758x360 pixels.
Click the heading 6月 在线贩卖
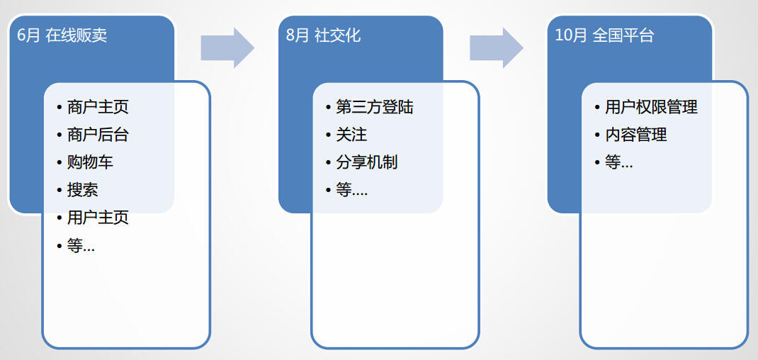pyautogui.click(x=62, y=35)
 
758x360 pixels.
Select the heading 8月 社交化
pyautogui.click(x=324, y=35)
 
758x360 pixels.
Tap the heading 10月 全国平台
pyautogui.click(x=604, y=35)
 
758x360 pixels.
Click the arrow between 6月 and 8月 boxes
pyautogui.click(x=227, y=47)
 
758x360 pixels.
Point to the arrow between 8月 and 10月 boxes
pyautogui.click(x=496, y=47)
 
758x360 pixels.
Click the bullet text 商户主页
pyautogui.click(x=98, y=107)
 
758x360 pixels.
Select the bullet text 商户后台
pyautogui.click(x=98, y=135)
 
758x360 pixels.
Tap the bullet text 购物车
pyautogui.click(x=90, y=162)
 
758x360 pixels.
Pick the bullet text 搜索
pyautogui.click(x=82, y=190)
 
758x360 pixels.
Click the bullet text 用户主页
pyautogui.click(x=98, y=218)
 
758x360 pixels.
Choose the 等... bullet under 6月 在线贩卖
pyautogui.click(x=81, y=246)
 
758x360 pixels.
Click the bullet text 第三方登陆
pyautogui.click(x=374, y=107)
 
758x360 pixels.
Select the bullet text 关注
pyautogui.click(x=351, y=135)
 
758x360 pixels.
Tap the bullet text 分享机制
pyautogui.click(x=366, y=162)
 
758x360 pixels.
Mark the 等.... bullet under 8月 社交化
pyautogui.click(x=351, y=190)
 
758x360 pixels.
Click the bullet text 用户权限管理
pyautogui.click(x=651, y=107)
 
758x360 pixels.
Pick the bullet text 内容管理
pyautogui.click(x=635, y=135)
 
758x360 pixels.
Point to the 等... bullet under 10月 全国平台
pyautogui.click(x=618, y=162)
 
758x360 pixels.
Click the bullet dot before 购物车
pyautogui.click(x=60, y=163)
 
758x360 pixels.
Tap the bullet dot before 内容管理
pyautogui.click(x=597, y=135)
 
